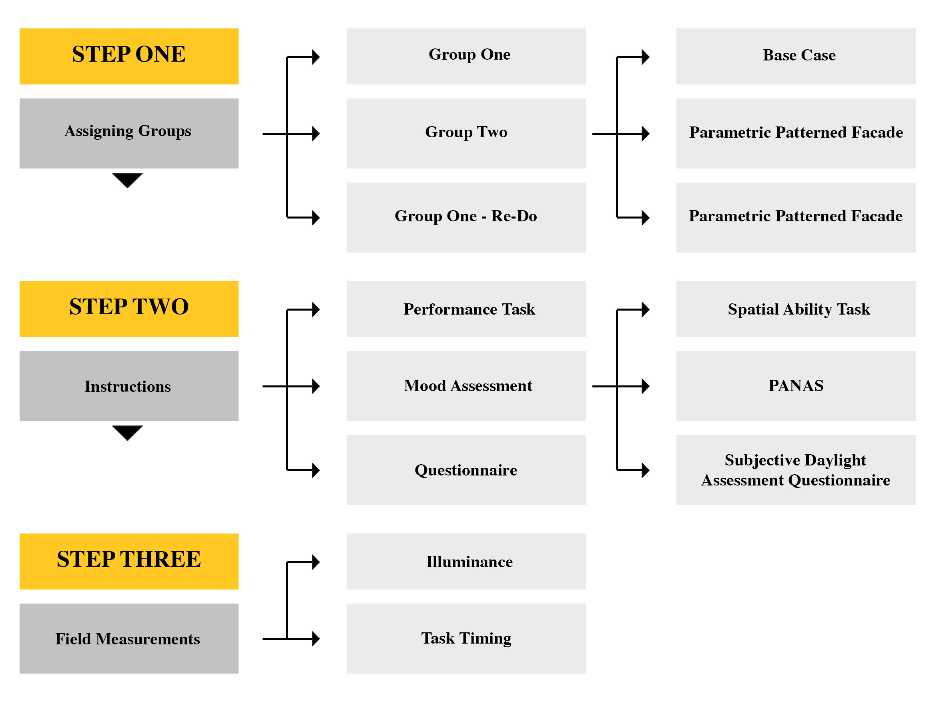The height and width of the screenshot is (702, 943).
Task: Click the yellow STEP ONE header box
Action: coord(129,56)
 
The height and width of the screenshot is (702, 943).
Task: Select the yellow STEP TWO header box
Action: coord(129,309)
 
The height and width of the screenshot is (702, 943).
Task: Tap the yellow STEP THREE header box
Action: coord(129,561)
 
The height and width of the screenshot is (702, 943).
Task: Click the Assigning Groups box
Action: coord(129,133)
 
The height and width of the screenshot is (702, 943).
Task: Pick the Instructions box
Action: coord(129,386)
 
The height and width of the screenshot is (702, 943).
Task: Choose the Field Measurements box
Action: coord(129,638)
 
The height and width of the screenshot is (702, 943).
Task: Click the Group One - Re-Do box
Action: coord(466,217)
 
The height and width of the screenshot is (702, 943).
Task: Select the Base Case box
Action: coord(796,56)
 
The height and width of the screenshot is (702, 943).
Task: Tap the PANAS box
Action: coord(796,386)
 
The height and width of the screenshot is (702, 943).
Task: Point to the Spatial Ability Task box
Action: coord(796,309)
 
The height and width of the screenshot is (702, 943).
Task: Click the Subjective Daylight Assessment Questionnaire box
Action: coord(796,469)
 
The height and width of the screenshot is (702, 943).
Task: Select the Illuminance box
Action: coord(466,561)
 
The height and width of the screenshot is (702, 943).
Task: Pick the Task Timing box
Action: coord(466,638)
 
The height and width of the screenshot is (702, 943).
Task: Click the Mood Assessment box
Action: coord(466,386)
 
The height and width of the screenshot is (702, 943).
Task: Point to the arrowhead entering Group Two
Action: coord(315,133)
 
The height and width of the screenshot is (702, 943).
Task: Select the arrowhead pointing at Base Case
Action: coord(645,56)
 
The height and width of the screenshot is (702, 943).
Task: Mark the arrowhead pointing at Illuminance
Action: coord(315,562)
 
